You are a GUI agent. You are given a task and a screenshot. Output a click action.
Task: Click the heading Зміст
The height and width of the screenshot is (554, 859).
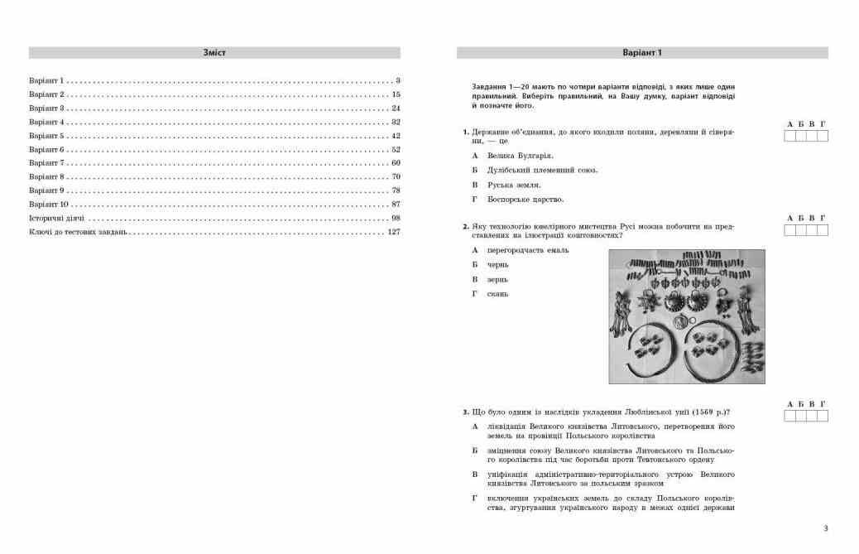214,52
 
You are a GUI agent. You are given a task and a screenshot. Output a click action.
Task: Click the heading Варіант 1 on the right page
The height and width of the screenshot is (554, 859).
642,52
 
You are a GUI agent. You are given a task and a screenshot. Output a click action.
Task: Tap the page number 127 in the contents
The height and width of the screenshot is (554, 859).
393,232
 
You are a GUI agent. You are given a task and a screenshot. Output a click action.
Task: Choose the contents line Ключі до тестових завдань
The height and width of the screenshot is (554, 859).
78,232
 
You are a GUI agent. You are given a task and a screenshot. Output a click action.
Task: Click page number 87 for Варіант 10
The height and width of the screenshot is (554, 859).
396,205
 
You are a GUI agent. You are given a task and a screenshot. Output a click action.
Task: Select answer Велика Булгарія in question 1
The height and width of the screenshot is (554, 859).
521,155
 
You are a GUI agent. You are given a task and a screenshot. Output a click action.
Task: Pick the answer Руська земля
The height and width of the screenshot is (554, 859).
514,185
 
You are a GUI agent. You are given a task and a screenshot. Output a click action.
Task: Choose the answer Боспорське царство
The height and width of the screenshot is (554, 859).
525,200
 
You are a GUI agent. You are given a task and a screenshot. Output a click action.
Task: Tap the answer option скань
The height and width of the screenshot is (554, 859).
497,294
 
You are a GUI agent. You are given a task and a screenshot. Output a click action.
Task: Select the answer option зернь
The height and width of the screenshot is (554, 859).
498,279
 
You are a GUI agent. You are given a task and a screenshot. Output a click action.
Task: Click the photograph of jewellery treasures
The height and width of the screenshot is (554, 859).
687,316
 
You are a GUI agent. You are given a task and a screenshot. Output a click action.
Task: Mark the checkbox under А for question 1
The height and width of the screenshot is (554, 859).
789,136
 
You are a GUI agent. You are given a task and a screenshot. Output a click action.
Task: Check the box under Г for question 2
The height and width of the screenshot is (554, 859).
823,230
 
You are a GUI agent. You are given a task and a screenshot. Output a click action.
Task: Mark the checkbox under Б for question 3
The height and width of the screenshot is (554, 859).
801,416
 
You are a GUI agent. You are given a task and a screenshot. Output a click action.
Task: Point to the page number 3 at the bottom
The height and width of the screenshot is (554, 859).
825,528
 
